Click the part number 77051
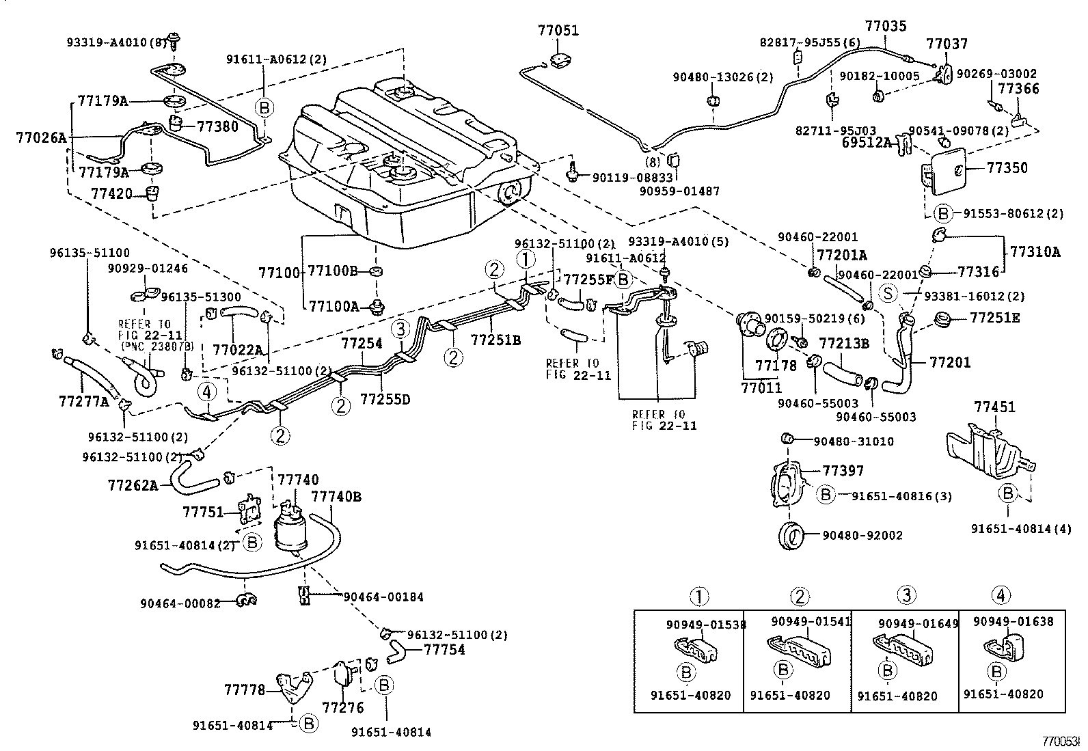pos(558,31)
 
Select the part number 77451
pos(994,407)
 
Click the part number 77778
pos(244,690)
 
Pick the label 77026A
pos(41,138)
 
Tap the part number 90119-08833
pos(623,178)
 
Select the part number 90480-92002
pos(858,535)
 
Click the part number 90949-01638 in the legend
pos(1013,622)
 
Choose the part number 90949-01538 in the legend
pos(706,624)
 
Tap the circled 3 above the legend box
pos(906,595)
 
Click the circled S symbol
pos(888,294)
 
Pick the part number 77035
pos(886,27)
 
